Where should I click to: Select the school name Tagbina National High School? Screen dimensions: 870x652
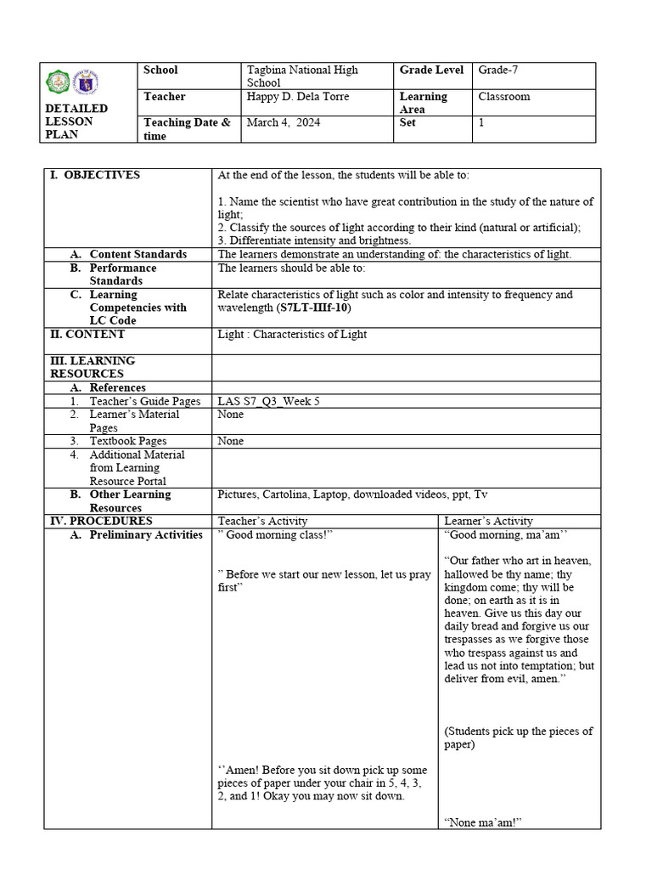pos(301,76)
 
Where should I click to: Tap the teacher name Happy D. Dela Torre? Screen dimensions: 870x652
pos(297,97)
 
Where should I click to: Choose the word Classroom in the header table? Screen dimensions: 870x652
pos(503,97)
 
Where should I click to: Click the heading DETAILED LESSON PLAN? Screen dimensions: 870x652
pos(76,121)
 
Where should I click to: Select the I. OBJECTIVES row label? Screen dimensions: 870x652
pos(95,175)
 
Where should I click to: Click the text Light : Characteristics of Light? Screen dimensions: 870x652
pos(292,334)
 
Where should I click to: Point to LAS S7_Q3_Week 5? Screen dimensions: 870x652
pos(268,401)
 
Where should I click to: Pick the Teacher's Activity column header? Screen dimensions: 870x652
pos(263,521)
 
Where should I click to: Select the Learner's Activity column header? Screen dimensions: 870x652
pos(488,521)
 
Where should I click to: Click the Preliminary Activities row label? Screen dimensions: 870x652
pos(145,534)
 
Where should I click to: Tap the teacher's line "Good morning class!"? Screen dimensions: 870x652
pos(275,534)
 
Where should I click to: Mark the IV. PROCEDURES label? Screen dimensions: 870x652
pos(101,521)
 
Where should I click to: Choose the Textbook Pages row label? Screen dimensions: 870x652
pos(128,441)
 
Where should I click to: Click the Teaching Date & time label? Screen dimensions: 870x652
pos(187,129)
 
